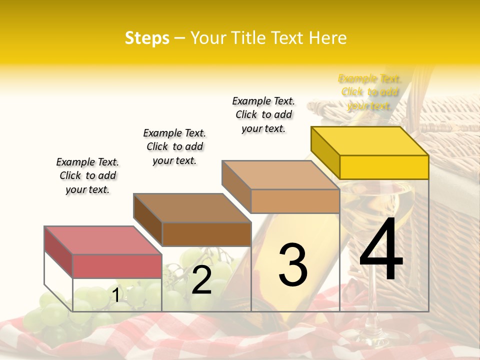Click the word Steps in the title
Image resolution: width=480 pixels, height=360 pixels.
pos(147,38)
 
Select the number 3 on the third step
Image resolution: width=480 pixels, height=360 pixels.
pos(292,265)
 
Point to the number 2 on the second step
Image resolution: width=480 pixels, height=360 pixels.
pos(201,280)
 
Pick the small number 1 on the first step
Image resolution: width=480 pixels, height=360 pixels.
pos(116,295)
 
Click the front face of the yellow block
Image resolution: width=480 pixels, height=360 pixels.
pos(384,167)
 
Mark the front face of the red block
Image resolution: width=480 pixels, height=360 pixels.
pos(117,266)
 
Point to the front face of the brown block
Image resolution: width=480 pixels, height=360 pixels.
pos(206,234)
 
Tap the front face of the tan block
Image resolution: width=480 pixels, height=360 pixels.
pos(295,201)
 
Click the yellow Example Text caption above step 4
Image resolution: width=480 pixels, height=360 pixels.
pos(369,92)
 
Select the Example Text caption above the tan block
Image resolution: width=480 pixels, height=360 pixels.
pos(263,114)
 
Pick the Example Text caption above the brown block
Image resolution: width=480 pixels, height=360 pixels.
pos(174,146)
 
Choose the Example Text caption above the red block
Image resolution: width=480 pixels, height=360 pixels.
pos(87,175)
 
